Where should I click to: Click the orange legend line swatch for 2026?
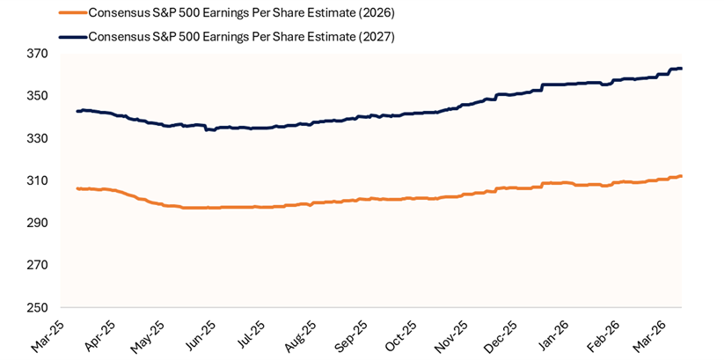click(x=73, y=13)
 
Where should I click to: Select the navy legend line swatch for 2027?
click(x=73, y=37)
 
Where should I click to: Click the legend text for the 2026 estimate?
click(x=242, y=13)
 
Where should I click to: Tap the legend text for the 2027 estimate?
click(x=242, y=37)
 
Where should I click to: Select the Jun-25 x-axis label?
click(x=200, y=331)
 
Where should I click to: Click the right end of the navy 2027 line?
click(x=682, y=69)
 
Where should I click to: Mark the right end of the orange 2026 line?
click(x=682, y=176)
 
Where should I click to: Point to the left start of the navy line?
click(x=77, y=111)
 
